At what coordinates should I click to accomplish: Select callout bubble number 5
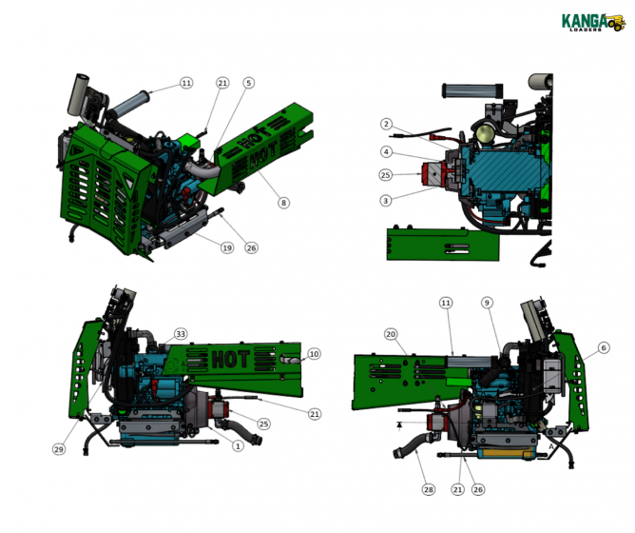pyautogui.click(x=249, y=84)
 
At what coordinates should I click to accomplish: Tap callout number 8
pyautogui.click(x=283, y=203)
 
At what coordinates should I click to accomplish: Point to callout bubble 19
pyautogui.click(x=227, y=248)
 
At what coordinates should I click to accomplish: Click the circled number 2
pyautogui.click(x=387, y=125)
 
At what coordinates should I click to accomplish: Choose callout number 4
pyautogui.click(x=387, y=152)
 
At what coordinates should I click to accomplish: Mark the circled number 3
pyautogui.click(x=387, y=201)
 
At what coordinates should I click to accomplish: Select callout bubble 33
pyautogui.click(x=181, y=334)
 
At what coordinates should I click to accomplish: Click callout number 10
pyautogui.click(x=314, y=354)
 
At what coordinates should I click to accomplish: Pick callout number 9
pyautogui.click(x=487, y=303)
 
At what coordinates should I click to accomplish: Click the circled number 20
pyautogui.click(x=390, y=334)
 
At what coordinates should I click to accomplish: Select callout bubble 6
pyautogui.click(x=603, y=349)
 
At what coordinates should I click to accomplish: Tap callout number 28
pyautogui.click(x=429, y=489)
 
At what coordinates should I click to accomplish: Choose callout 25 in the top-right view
pyautogui.click(x=386, y=175)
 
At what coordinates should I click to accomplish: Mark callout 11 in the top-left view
pyautogui.click(x=186, y=84)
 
